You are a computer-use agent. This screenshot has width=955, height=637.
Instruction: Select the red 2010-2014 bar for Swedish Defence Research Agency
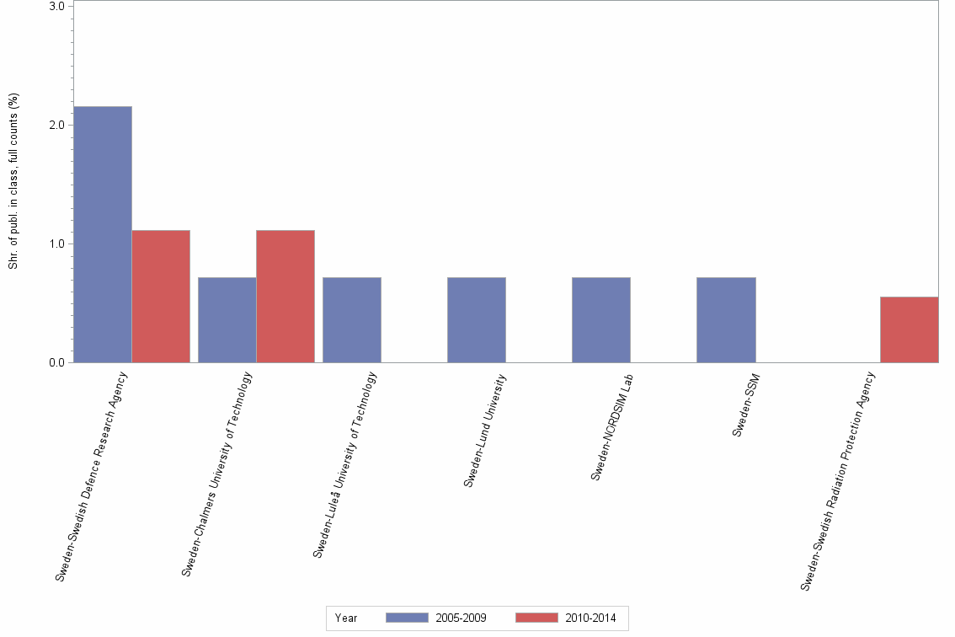161,296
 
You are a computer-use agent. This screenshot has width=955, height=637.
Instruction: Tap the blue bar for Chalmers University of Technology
227,319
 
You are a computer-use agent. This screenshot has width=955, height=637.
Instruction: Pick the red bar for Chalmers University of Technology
285,296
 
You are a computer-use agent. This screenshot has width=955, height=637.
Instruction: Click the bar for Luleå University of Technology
351,319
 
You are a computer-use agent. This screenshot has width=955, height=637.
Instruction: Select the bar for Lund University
476,319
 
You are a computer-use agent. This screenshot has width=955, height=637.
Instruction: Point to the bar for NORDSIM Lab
600,319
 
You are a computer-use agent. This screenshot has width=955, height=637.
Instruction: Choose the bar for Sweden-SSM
725,319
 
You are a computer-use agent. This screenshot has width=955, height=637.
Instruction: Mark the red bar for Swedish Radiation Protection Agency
909,329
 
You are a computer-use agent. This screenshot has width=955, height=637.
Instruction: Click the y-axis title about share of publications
13,181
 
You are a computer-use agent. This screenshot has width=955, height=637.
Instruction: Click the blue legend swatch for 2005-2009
407,618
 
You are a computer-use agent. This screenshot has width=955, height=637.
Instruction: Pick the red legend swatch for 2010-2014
536,618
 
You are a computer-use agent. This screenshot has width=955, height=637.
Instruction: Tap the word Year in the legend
346,618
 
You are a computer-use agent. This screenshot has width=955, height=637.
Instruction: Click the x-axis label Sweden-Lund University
486,430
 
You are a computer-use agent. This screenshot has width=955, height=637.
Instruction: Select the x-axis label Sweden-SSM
746,404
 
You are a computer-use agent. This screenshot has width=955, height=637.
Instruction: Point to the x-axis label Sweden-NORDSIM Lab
611,426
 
